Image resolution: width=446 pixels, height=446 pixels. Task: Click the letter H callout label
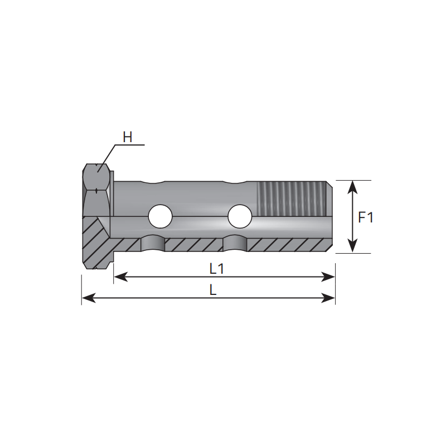128,137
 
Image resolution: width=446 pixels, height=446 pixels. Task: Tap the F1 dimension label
366,217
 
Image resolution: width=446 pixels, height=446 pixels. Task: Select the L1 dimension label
217,269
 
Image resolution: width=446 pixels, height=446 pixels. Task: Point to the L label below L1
213,290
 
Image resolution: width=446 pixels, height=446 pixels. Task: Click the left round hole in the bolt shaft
160,216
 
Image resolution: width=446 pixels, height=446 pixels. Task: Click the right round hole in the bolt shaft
240,216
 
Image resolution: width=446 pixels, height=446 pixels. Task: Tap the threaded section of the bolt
291,198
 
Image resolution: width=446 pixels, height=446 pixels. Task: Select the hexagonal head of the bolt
96,190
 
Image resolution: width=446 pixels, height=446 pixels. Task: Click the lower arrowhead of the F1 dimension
353,246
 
